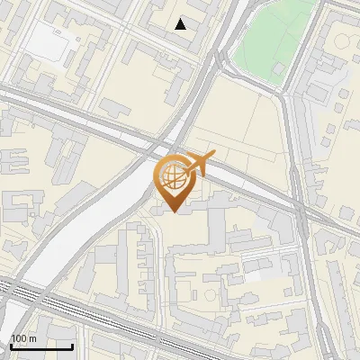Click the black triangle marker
point(181,24)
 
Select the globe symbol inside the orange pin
point(174,177)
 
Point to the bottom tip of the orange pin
point(174,212)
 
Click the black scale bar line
point(41,346)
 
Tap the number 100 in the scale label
point(19,338)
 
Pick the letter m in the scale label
point(32,338)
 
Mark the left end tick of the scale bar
point(11,345)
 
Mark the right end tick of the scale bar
point(72,345)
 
